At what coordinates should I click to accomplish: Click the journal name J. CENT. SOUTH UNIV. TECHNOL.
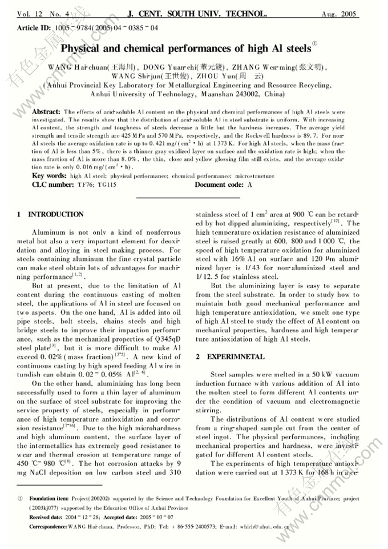pyautogui.click(x=196, y=13)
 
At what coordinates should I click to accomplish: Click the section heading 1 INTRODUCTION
pyautogui.click(x=50, y=214)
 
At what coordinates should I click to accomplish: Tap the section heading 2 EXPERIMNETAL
pyautogui.click(x=230, y=357)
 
